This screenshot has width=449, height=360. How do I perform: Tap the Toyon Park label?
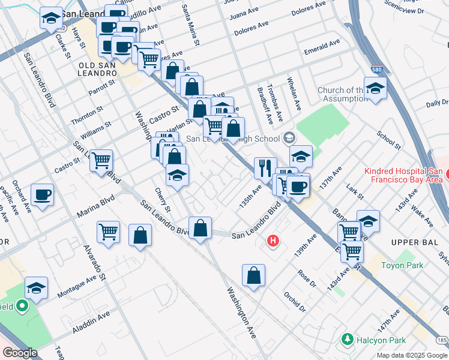tap(402, 265)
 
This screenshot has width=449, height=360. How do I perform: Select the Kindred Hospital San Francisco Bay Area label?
tap(403, 175)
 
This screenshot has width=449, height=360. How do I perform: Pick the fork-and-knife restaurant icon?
tap(265, 169)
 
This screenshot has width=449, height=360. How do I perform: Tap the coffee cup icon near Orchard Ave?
tap(42, 194)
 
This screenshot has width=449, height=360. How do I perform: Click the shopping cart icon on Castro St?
tap(101, 160)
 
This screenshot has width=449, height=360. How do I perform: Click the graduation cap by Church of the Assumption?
tap(375, 88)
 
